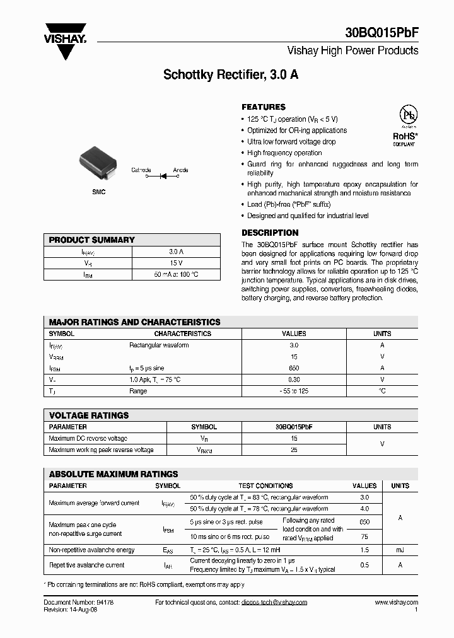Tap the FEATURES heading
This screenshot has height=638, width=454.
(264, 107)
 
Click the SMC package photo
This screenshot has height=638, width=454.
(98, 163)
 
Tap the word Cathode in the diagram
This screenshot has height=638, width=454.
(141, 170)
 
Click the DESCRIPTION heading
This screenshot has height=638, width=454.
(270, 233)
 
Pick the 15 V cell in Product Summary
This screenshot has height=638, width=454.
(176, 263)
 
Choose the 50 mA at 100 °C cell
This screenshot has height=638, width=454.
(176, 274)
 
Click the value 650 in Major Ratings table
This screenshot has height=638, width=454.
(294, 368)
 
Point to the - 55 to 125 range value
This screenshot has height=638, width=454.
(294, 391)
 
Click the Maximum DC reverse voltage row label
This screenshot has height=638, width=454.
(88, 438)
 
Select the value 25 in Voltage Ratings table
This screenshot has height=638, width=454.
(294, 449)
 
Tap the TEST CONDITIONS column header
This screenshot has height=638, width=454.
(265, 486)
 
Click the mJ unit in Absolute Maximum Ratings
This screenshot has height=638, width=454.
(400, 550)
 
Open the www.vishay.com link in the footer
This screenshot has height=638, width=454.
(396, 603)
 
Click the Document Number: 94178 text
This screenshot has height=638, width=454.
(78, 603)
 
